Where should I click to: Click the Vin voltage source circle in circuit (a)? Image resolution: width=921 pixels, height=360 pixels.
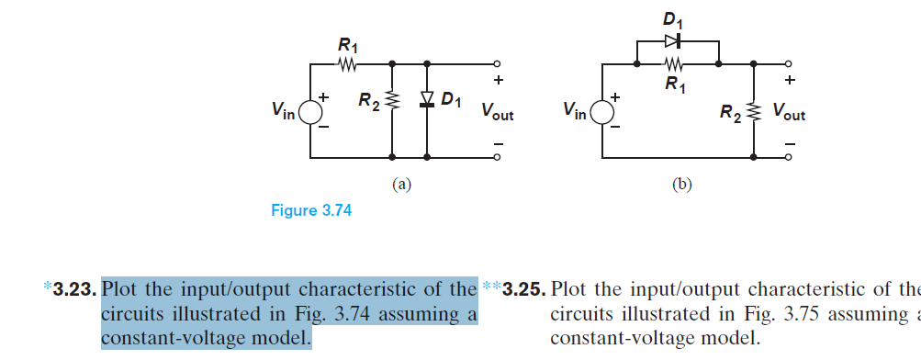(x=309, y=111)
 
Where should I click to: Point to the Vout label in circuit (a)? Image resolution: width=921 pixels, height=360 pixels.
(x=497, y=114)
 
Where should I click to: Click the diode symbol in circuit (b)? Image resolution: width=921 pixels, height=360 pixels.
(x=677, y=39)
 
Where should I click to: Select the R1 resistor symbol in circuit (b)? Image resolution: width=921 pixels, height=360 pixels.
(x=677, y=64)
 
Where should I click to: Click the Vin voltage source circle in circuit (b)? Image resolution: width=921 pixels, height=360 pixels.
(x=602, y=111)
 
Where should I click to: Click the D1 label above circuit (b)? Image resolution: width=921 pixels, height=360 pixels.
(x=678, y=18)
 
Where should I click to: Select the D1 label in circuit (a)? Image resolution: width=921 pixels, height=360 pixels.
(x=451, y=98)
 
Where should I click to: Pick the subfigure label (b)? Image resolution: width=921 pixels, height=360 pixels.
(x=681, y=185)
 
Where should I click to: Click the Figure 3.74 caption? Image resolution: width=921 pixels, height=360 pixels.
(x=311, y=210)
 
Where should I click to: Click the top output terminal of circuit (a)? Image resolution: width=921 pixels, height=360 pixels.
(x=497, y=64)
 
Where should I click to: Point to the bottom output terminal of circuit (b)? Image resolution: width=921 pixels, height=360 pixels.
(x=787, y=157)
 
